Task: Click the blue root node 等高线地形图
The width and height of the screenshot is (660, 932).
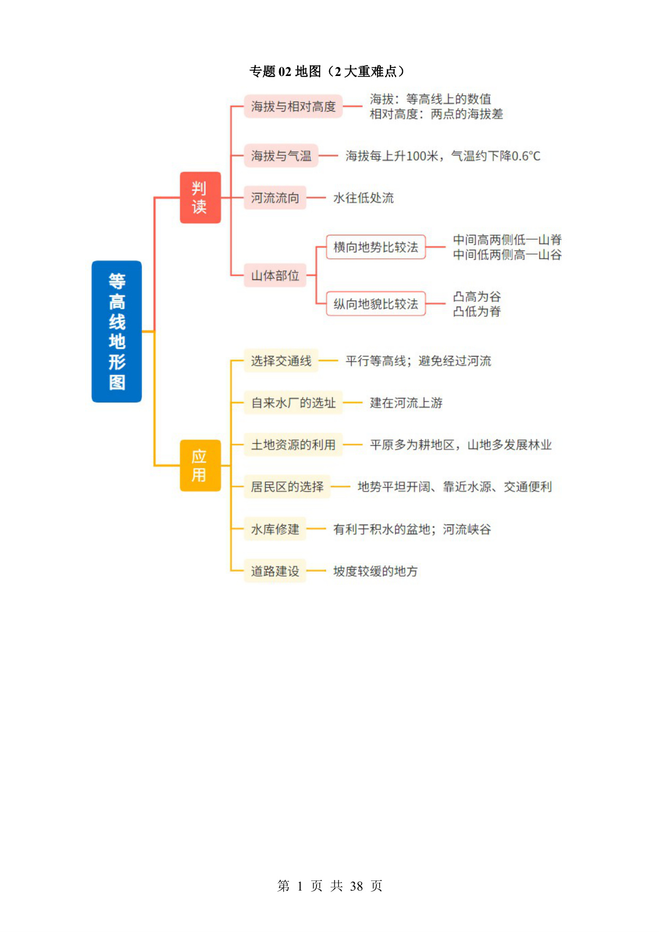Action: click(x=116, y=332)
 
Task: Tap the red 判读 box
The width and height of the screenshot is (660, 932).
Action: click(x=200, y=198)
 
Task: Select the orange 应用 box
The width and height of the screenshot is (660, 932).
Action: click(x=200, y=465)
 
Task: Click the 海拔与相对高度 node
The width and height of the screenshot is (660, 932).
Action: click(x=293, y=107)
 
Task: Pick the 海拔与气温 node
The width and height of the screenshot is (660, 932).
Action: click(x=281, y=156)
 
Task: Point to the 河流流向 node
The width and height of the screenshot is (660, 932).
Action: click(x=275, y=198)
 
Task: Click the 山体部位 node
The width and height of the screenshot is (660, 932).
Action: click(x=275, y=275)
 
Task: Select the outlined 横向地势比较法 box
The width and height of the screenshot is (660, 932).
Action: click(x=376, y=247)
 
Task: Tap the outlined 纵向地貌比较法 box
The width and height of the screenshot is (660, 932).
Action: click(x=376, y=303)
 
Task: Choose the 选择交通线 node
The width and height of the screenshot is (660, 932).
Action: click(x=281, y=361)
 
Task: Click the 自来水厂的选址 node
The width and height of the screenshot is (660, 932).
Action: click(x=293, y=403)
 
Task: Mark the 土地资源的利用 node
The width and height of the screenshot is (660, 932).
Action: click(x=293, y=445)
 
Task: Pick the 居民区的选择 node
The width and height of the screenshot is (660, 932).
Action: click(x=287, y=487)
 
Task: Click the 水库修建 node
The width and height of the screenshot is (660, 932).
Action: click(x=275, y=529)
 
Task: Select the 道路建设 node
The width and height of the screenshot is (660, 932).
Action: click(x=275, y=571)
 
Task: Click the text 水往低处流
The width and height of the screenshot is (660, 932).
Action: click(x=364, y=198)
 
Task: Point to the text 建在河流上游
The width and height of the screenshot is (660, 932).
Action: click(x=406, y=403)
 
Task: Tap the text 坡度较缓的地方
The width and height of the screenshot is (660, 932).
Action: click(x=376, y=571)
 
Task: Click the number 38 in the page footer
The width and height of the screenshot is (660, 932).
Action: click(x=356, y=886)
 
